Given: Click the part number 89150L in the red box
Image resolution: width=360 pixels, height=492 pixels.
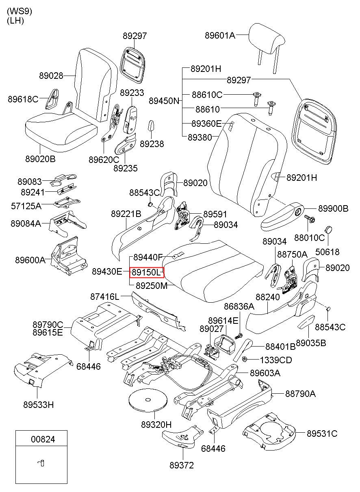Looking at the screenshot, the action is (146, 273).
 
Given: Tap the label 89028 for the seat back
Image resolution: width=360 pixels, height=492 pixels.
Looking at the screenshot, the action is (51, 76).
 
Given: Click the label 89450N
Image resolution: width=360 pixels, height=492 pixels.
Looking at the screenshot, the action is (164, 101).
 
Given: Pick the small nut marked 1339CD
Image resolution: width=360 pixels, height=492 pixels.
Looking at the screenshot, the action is (244, 360).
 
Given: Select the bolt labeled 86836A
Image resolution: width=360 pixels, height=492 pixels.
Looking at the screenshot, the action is (239, 336).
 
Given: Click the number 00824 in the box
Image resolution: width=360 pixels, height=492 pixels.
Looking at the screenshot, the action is (43, 439).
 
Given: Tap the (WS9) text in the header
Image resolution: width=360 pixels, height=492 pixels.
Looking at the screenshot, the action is (20, 11).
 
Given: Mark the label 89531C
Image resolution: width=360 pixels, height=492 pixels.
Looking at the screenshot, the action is (322, 433).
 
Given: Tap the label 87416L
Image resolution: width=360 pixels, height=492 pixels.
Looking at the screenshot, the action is (105, 297).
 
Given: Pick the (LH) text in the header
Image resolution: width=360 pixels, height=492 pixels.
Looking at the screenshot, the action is (15, 21).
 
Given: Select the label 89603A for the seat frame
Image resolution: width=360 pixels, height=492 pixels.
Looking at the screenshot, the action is (265, 373).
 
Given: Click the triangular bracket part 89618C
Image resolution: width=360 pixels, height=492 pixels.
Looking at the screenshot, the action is (52, 99).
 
